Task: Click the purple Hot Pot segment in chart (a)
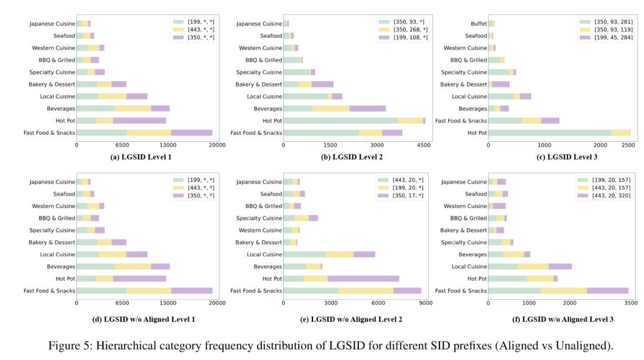click(x=140, y=120)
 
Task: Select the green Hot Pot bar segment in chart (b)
click(x=340, y=120)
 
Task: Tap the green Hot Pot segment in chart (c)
click(x=549, y=133)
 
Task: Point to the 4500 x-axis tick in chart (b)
click(x=424, y=145)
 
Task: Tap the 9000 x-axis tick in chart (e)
click(x=425, y=303)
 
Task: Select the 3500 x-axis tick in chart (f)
click(x=630, y=303)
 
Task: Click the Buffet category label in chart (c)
click(x=478, y=24)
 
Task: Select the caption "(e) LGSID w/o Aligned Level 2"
click(x=351, y=319)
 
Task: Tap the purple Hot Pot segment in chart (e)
click(x=363, y=278)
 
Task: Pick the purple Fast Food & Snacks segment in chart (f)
click(x=607, y=291)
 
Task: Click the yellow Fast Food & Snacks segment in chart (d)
click(x=148, y=291)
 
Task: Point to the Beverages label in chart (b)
click(x=268, y=108)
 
